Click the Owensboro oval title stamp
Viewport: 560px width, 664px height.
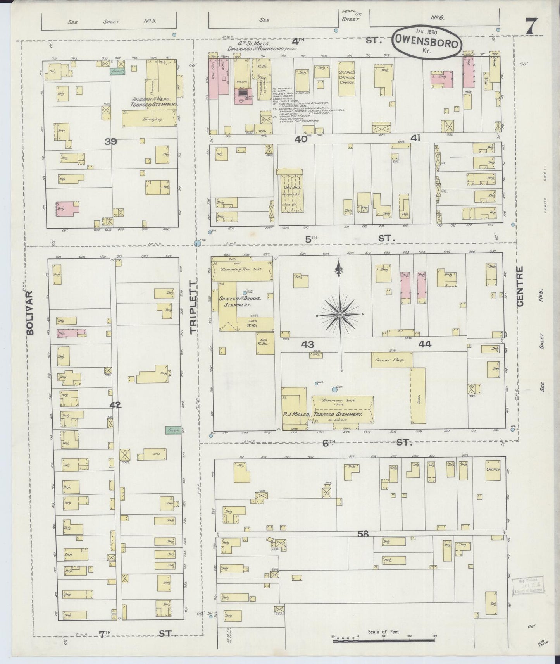[x=427, y=43]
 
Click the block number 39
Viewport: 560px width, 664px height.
[x=111, y=142]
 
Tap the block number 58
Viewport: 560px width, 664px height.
[x=363, y=534]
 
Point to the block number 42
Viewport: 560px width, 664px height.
[x=115, y=405]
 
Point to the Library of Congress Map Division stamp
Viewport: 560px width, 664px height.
[x=529, y=587]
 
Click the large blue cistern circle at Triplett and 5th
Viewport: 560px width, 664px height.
[x=197, y=243]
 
